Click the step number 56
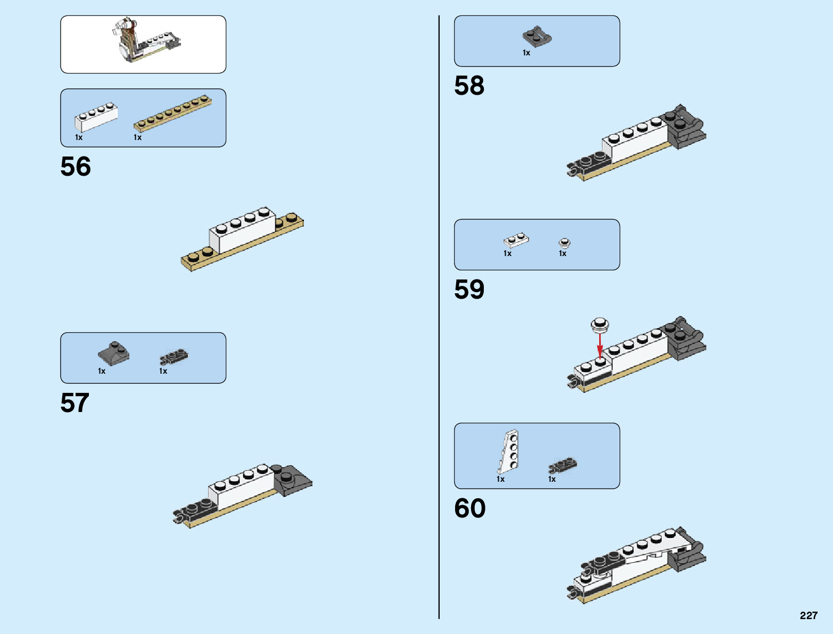[x=76, y=167]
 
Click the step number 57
[x=75, y=403]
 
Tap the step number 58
[x=469, y=86]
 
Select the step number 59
[x=469, y=290]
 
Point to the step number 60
[x=469, y=508]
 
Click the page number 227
[x=808, y=615]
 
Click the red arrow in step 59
[x=600, y=346]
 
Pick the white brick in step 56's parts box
[x=96, y=117]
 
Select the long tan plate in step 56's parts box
[x=172, y=113]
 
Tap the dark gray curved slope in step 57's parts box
[x=113, y=353]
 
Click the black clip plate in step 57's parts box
[x=174, y=357]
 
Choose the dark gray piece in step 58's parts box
[x=537, y=37]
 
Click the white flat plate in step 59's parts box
[x=516, y=241]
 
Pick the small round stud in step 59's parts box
[x=564, y=243]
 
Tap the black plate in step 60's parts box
[x=563, y=465]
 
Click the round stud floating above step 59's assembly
[x=600, y=324]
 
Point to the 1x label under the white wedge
[x=500, y=479]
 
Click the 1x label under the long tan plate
[x=137, y=137]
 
